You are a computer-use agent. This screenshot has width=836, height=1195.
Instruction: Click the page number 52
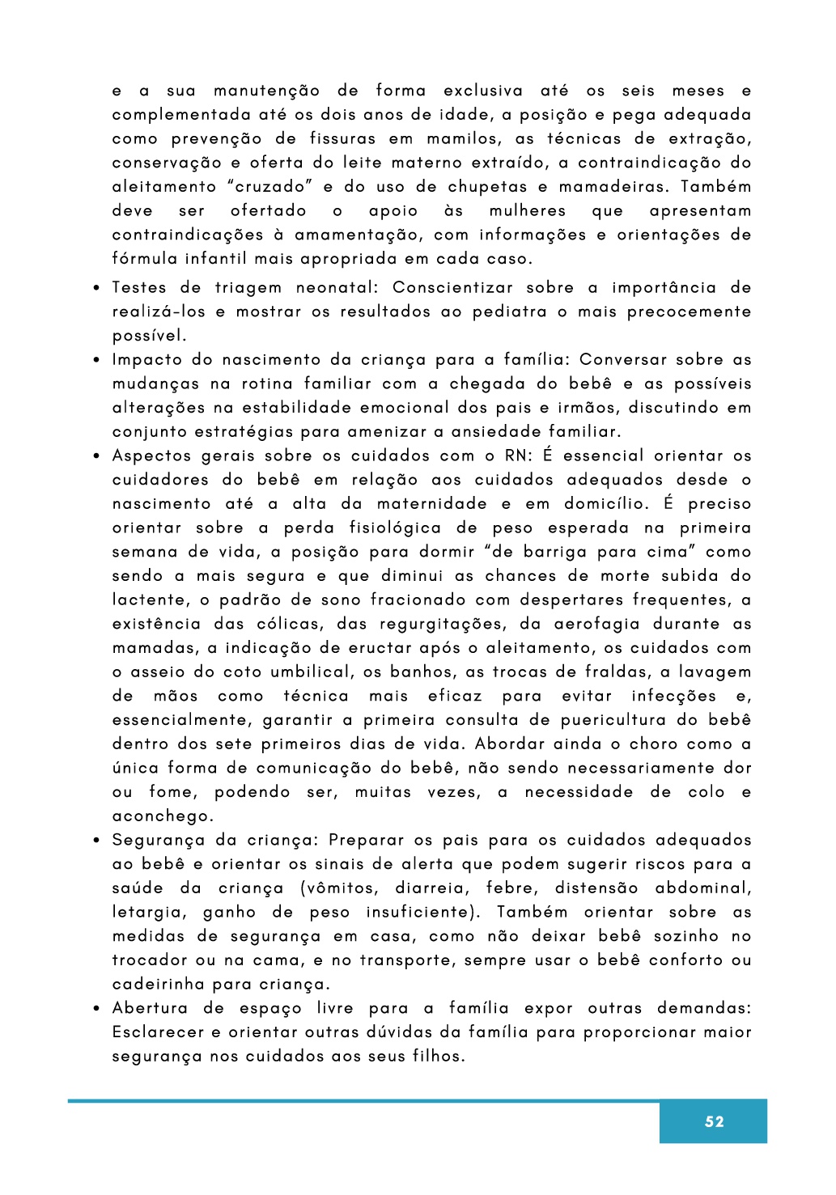click(714, 1121)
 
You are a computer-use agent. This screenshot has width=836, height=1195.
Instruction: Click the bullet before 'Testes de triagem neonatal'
click(95, 288)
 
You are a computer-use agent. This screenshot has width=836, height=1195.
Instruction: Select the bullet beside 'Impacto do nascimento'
click(95, 360)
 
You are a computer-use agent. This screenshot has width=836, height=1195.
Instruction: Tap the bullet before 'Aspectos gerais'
click(95, 456)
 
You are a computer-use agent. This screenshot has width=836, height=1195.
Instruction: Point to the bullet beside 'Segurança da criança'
click(95, 841)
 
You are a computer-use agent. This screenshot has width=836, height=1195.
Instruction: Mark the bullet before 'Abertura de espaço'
click(95, 1009)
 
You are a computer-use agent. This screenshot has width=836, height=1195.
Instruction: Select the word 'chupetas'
click(488, 187)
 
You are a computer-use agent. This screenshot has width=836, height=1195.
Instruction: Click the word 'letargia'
click(148, 913)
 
